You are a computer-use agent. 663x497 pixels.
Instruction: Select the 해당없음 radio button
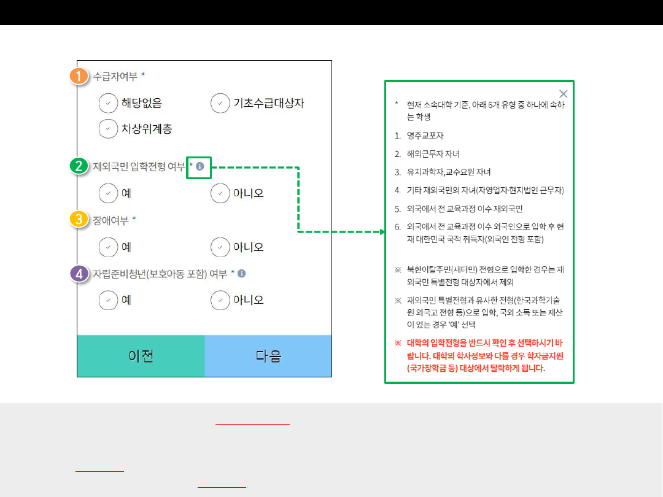[108, 103]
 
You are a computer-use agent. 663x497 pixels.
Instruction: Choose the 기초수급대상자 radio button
[220, 103]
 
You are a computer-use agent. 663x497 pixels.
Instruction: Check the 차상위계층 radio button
[108, 129]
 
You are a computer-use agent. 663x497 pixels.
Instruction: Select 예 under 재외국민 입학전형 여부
[108, 193]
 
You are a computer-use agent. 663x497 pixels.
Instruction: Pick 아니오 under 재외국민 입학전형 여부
[220, 193]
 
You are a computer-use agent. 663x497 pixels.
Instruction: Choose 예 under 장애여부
[108, 247]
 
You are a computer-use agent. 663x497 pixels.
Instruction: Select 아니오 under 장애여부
[220, 247]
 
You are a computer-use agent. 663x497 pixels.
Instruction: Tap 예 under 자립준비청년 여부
[108, 300]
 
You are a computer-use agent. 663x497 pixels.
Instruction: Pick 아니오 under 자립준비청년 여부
[220, 300]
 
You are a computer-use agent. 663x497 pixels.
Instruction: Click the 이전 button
[141, 356]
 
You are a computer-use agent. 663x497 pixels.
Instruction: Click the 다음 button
[268, 356]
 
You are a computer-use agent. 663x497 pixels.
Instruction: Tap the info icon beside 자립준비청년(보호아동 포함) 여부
[242, 274]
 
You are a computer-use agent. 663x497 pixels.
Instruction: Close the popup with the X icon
[564, 94]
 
